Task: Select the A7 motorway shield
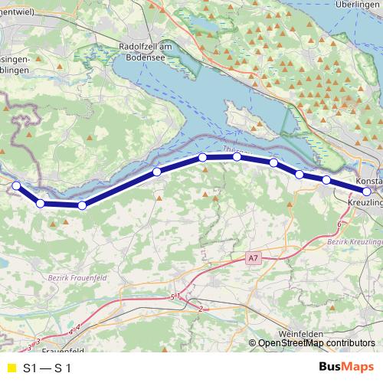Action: click(x=253, y=260)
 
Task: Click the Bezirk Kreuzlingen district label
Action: click(x=354, y=241)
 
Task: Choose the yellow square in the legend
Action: click(x=10, y=367)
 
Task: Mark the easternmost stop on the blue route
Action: click(x=367, y=191)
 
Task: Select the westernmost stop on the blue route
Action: click(x=16, y=185)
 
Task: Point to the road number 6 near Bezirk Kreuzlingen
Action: click(x=339, y=223)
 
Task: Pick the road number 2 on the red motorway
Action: click(x=201, y=308)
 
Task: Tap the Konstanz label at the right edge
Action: click(x=369, y=181)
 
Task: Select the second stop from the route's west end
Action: click(x=40, y=203)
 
